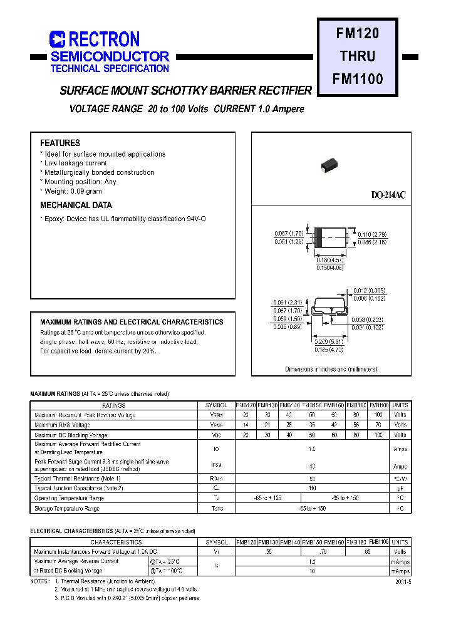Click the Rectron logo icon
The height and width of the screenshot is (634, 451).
click(58, 39)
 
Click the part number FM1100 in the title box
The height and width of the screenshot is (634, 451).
click(358, 79)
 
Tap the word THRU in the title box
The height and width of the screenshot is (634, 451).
click(358, 56)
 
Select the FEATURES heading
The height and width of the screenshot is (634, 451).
click(60, 143)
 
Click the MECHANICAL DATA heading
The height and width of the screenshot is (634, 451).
click(76, 205)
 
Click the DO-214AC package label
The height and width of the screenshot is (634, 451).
click(388, 195)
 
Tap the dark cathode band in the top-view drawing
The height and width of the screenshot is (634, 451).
click(318, 237)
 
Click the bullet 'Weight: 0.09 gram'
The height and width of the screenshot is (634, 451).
click(73, 191)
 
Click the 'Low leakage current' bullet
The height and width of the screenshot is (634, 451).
click(75, 163)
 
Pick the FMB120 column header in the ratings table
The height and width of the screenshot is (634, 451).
click(246, 405)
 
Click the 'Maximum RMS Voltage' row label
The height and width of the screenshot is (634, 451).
click(62, 425)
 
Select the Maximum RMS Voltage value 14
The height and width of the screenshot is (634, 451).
click(246, 425)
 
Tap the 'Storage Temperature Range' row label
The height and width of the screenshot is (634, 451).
click(67, 509)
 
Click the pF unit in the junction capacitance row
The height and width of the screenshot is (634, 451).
click(400, 487)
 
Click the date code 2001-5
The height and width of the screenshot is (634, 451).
click(404, 582)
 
